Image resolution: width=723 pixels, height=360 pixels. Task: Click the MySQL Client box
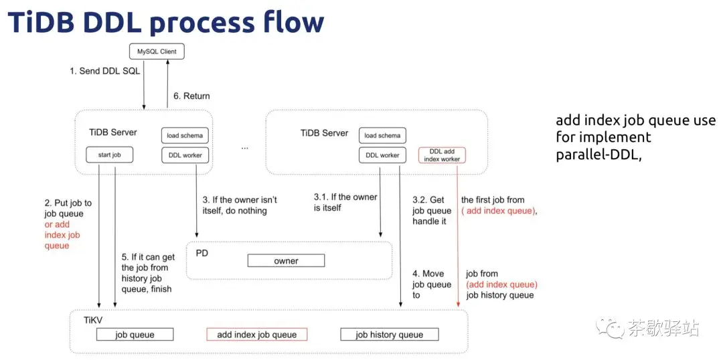pos(157,51)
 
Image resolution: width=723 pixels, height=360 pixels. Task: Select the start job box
pos(109,155)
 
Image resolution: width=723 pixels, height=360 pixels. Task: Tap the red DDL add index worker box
pos(443,155)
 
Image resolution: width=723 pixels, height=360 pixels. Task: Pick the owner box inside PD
pos(286,261)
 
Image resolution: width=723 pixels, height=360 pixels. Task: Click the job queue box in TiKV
pos(135,335)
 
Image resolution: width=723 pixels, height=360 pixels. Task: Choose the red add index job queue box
pos(257,335)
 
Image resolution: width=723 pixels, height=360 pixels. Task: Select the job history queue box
pos(389,335)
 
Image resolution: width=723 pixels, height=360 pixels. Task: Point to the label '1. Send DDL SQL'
pos(104,71)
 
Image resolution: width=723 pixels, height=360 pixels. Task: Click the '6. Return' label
pos(191,96)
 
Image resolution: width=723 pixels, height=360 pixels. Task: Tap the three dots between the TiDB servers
pos(244,149)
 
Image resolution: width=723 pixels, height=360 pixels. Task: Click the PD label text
pos(202,253)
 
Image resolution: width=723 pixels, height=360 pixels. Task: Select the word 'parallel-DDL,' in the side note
pos(599,155)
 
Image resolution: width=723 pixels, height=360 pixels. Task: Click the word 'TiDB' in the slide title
pos(41,21)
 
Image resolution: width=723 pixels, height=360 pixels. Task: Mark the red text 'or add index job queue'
pos(62,235)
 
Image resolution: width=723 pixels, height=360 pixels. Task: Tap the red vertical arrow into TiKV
pos(459,235)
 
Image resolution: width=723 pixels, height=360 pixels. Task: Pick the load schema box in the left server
pos(184,135)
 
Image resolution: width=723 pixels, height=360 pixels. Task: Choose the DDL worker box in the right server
pos(382,155)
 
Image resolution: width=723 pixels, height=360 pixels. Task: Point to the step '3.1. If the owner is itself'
pos(345,202)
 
